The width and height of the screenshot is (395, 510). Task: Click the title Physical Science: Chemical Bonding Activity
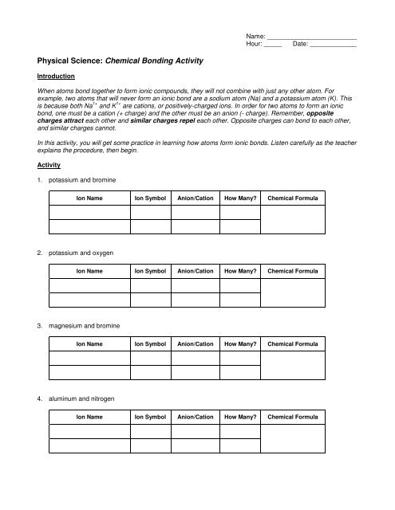pos(120,61)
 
